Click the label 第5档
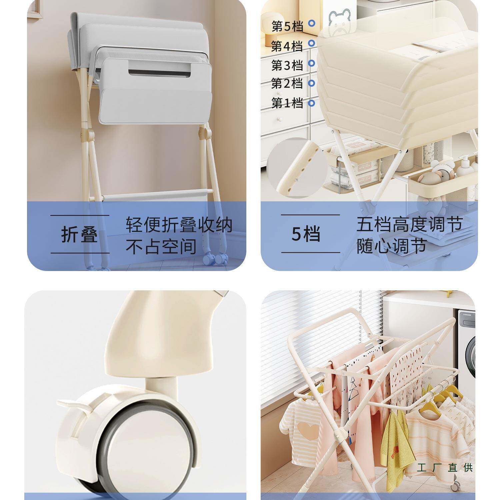click(x=287, y=26)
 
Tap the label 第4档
click(x=287, y=46)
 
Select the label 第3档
click(x=287, y=65)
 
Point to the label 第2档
click(x=287, y=83)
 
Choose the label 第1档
click(x=287, y=103)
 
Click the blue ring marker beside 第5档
click(x=311, y=23)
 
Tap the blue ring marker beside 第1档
click(x=311, y=103)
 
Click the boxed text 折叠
click(x=80, y=234)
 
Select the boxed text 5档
click(x=306, y=234)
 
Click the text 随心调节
click(x=392, y=246)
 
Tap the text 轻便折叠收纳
click(x=179, y=225)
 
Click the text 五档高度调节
click(x=409, y=224)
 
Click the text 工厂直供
click(x=445, y=467)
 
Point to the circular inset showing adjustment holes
click(x=297, y=168)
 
